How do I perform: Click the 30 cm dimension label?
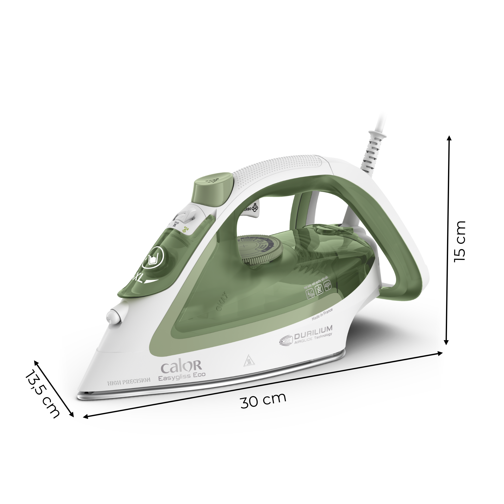click(263, 401)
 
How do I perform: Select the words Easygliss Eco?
click(182, 377)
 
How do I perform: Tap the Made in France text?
click(322, 314)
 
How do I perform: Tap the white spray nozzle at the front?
click(114, 316)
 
